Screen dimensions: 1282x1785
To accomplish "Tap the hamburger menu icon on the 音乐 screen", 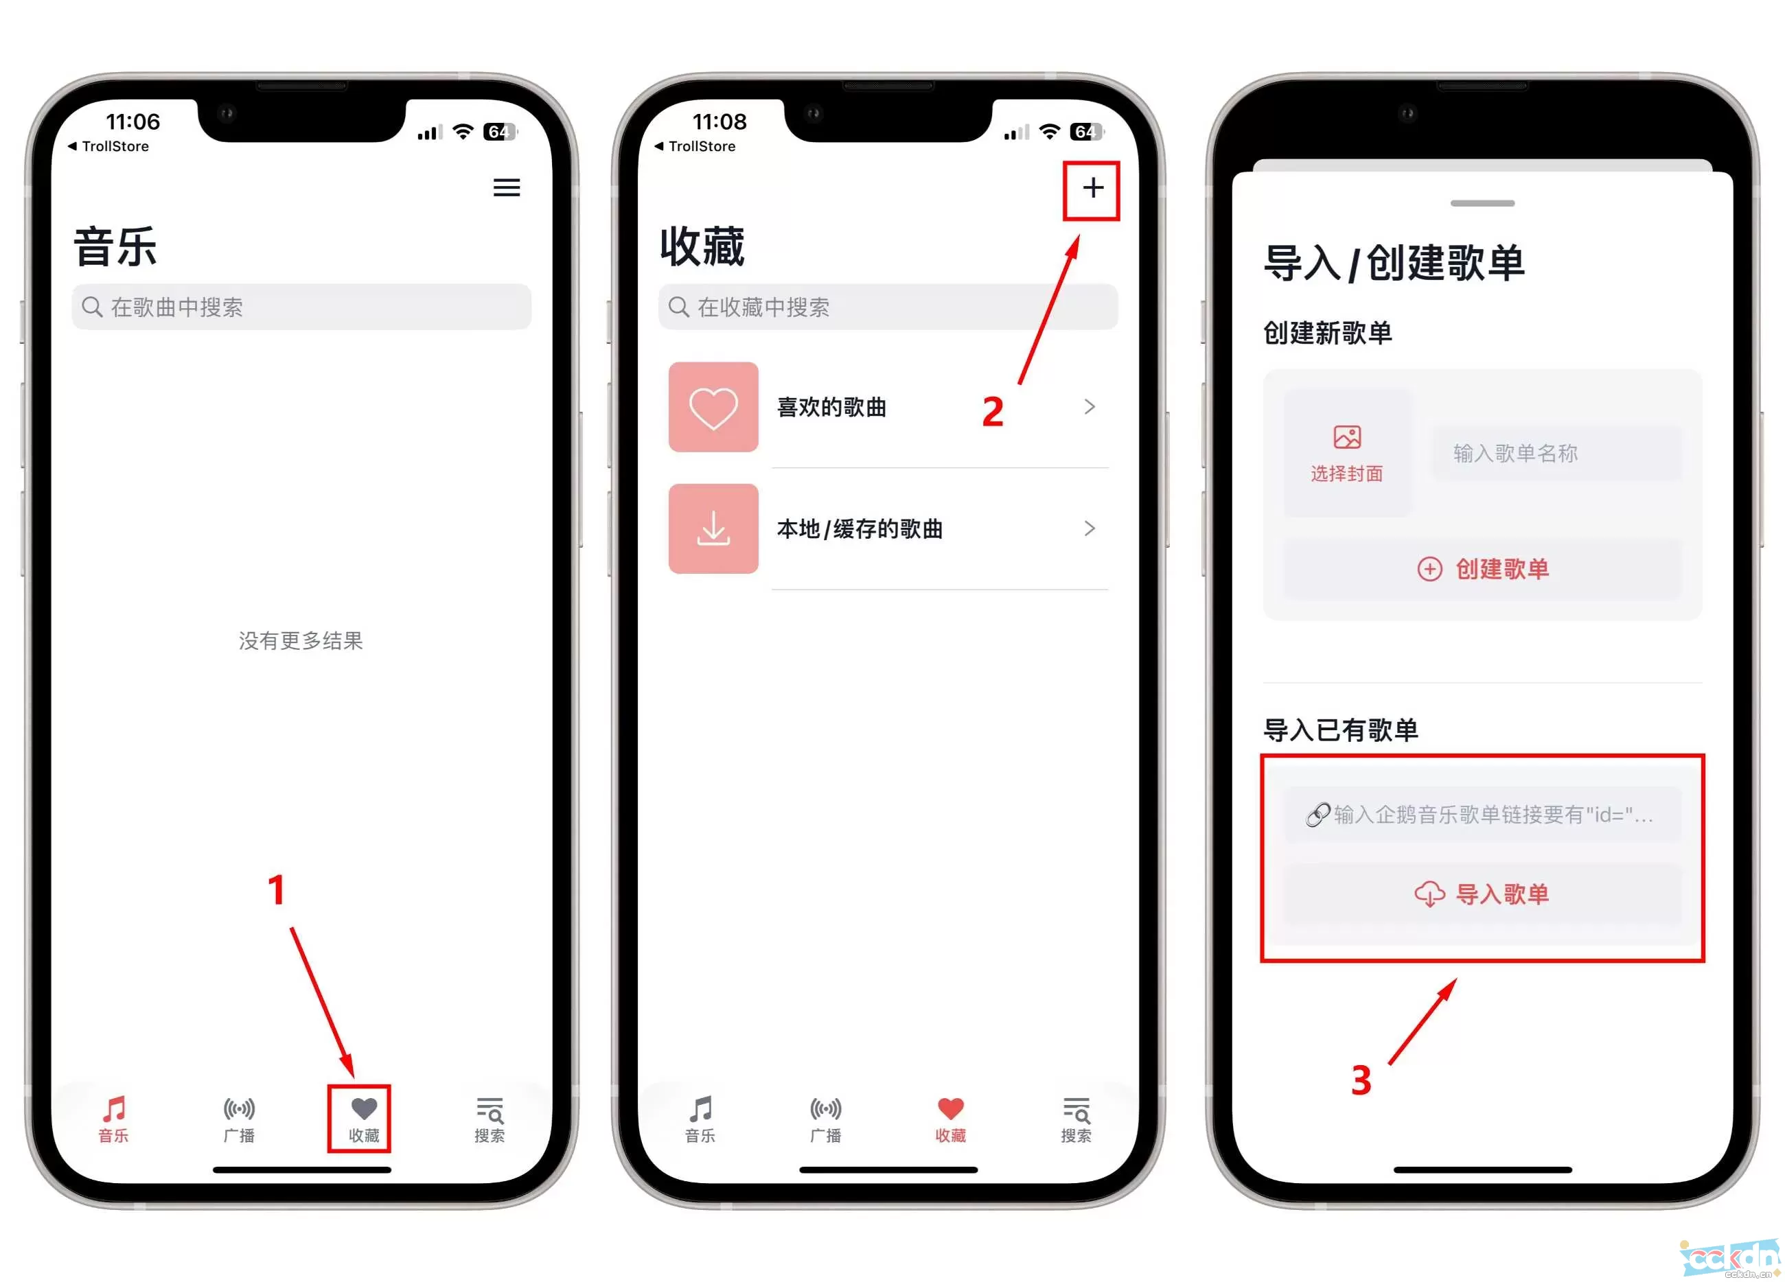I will (x=506, y=187).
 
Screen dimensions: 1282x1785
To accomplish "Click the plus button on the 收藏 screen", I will (x=1092, y=188).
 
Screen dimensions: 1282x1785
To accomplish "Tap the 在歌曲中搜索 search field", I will (x=301, y=307).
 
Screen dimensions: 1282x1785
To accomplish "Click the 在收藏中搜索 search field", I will (x=888, y=307).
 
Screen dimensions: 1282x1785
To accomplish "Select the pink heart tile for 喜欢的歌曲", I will (x=713, y=407).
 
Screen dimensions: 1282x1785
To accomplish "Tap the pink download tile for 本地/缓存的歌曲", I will (x=713, y=528).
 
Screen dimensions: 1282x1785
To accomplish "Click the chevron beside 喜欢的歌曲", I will (x=1090, y=407).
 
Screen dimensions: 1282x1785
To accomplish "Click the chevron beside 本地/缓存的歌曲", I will (x=1090, y=528).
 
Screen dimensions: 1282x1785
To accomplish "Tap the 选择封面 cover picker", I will (x=1346, y=452).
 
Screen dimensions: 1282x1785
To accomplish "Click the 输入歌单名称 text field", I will (x=1555, y=454).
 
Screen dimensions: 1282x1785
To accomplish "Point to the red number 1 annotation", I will (x=275, y=890).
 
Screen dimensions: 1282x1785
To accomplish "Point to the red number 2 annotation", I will (x=993, y=412).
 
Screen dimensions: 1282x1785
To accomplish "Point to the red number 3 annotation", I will (x=1361, y=1080).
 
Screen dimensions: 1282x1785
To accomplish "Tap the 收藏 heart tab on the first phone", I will (x=364, y=1118).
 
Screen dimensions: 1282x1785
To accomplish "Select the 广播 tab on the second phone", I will (x=826, y=1118).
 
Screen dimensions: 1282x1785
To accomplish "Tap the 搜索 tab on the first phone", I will (x=490, y=1118).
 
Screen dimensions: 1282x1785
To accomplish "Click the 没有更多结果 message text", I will (x=301, y=640).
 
